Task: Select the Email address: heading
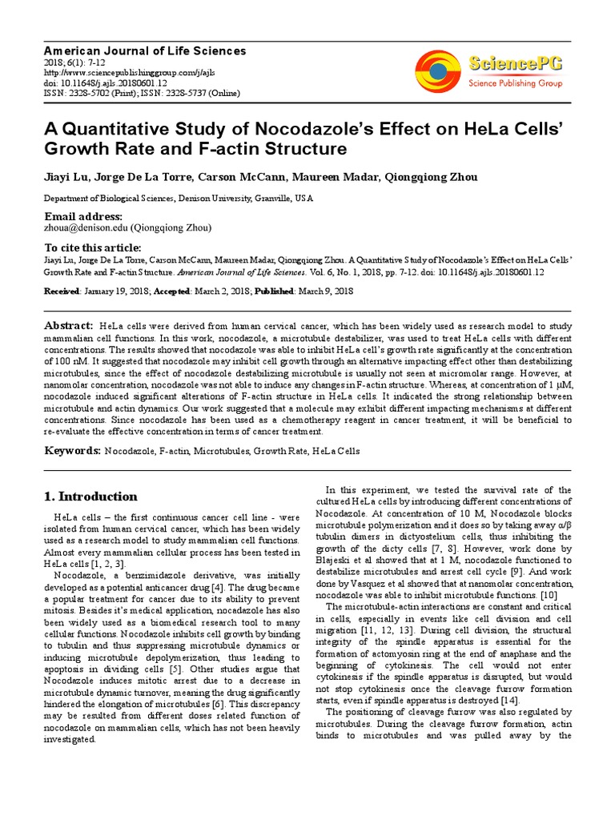[x=83, y=217]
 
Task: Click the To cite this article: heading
[x=93, y=247]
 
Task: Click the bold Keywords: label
[x=73, y=450]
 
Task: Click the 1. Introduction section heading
[x=90, y=496]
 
